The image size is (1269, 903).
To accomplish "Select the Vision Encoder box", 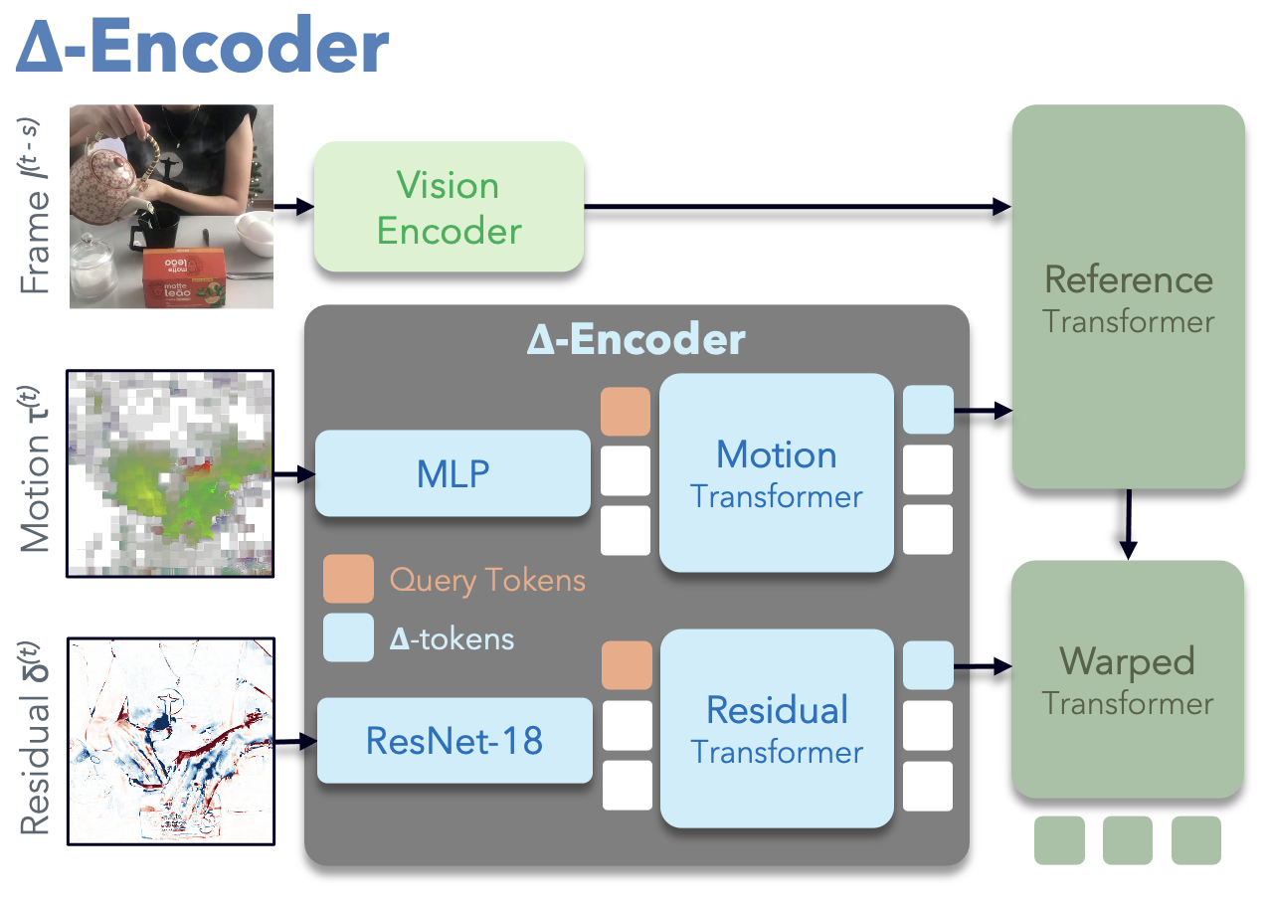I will [449, 207].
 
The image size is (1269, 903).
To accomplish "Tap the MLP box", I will [453, 473].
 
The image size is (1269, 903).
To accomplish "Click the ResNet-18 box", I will [455, 740].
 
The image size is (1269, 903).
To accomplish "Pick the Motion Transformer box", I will [777, 473].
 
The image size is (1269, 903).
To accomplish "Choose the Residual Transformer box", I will [777, 729].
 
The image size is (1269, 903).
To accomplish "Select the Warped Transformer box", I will [1128, 679].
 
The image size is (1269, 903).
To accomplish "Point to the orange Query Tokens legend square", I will [348, 579].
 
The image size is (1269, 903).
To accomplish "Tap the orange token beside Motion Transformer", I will [626, 411].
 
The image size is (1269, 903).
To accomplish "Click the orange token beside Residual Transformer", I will [627, 665].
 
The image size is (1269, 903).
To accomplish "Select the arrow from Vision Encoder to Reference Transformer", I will [796, 207].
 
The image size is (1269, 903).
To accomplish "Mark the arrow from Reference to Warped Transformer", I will [1128, 523].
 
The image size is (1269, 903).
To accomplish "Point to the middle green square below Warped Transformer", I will [1128, 840].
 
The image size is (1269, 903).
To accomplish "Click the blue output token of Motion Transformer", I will [928, 410].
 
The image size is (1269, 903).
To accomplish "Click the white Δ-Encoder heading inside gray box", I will [636, 340].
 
